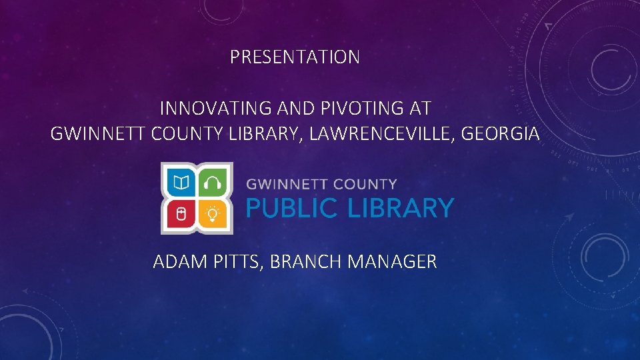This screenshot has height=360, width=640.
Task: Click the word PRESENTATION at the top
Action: pos(295,57)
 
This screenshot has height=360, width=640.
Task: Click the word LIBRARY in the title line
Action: pos(268,134)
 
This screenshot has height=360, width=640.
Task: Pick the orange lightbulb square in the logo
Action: pos(213,214)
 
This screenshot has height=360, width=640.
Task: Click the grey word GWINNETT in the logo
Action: pos(287,184)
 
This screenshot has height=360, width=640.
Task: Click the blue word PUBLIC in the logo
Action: pos(291,209)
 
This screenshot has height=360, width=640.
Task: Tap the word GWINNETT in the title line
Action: pos(99,134)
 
